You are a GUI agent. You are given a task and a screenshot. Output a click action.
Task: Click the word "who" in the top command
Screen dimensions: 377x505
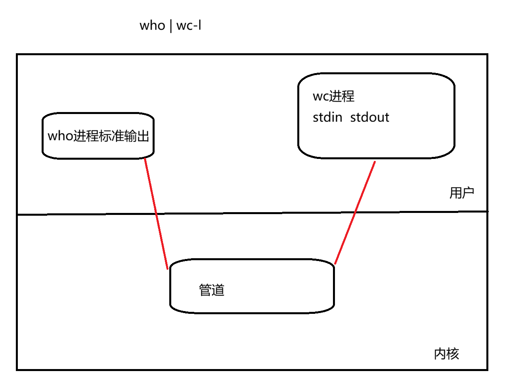(152, 26)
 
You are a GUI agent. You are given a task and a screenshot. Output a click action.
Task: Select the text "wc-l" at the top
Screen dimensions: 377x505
(189, 26)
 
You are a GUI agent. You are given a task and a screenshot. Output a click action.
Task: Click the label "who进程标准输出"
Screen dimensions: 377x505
(98, 136)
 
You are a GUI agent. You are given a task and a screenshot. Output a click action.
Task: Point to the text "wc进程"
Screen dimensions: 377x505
(333, 96)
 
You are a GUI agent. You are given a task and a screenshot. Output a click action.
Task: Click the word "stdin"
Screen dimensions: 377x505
(327, 118)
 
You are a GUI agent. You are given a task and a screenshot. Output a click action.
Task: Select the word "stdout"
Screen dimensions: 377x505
(370, 118)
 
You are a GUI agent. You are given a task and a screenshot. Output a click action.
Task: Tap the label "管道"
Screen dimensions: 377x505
(212, 290)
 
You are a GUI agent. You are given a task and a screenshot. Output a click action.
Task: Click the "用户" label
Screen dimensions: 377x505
(462, 193)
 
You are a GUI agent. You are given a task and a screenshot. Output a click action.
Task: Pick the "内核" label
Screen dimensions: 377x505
(447, 354)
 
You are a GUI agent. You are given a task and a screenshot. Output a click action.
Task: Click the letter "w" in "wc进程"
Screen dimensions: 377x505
(317, 97)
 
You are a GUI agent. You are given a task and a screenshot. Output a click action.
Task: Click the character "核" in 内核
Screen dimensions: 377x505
(453, 354)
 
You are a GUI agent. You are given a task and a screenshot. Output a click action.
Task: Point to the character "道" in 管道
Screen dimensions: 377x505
(218, 290)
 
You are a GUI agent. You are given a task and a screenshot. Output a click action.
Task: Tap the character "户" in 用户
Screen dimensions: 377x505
(468, 193)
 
